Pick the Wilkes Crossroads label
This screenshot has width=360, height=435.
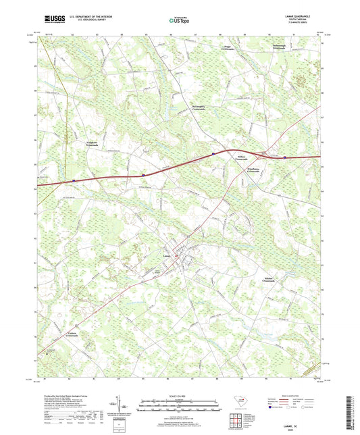(x=245, y=157)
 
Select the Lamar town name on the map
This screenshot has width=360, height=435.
(x=167, y=255)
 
